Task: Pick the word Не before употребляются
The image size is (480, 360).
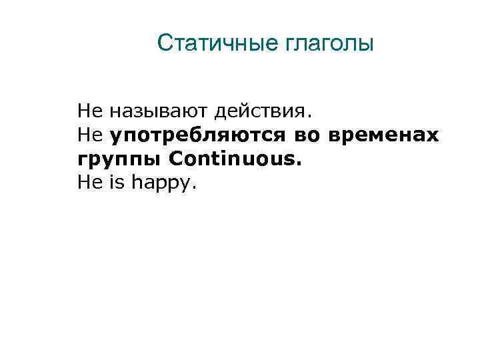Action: coord(87,135)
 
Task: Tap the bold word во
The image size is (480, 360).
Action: coord(304,135)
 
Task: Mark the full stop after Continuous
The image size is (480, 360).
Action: coord(299,164)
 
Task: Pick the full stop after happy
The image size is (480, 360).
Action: coord(195,187)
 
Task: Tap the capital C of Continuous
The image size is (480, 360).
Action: coord(177,159)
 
